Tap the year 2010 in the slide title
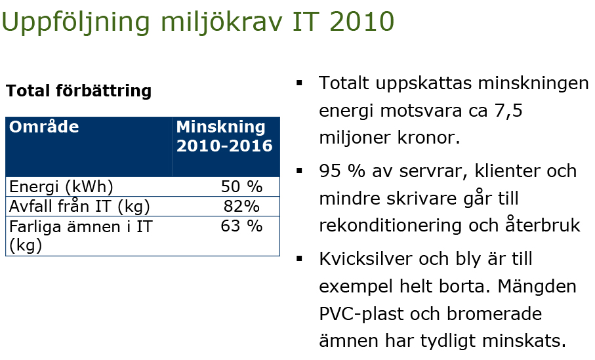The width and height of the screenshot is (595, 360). coord(361,22)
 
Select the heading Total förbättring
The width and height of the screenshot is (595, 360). coord(79,91)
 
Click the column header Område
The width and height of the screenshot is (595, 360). coord(44,127)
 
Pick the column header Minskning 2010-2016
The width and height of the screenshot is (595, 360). coord(224,136)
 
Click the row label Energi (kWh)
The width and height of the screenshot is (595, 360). coord(61,187)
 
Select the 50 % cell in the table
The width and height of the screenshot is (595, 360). coord(241,187)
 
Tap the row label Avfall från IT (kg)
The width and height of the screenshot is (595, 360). coord(79,207)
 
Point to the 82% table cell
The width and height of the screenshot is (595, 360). coord(241,207)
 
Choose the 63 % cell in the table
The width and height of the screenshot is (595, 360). coord(241,226)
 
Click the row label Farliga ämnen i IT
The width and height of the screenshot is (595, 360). coord(81,227)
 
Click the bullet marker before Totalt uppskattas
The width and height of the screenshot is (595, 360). coord(299,83)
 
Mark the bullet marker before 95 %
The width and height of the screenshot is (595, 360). coord(299,170)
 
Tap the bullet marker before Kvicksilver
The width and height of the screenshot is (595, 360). coord(299,259)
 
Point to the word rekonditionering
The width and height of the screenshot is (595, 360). coord(391,226)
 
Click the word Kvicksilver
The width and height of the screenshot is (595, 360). coord(365,259)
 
